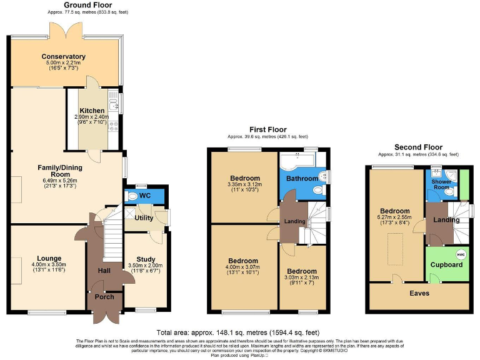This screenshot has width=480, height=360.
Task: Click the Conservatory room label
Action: tap(63, 57)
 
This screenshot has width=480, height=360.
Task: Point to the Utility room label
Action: tap(144, 218)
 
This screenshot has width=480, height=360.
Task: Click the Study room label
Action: tap(146, 259)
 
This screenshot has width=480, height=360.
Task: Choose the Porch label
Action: tap(104, 296)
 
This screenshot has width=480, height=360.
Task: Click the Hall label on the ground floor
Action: tap(104, 271)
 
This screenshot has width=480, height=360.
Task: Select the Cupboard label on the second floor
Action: tap(447, 264)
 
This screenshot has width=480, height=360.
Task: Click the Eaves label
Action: tap(419, 292)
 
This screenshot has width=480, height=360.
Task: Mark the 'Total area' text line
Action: tap(240, 332)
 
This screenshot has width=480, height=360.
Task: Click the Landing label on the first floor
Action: tap(295, 221)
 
